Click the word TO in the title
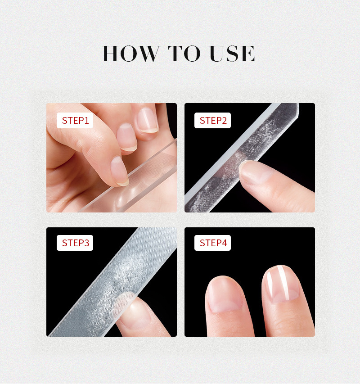tap(184, 54)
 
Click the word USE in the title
tap(232, 54)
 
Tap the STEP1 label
tap(75, 121)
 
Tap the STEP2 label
tap(213, 121)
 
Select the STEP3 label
tap(75, 243)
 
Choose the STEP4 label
tap(213, 243)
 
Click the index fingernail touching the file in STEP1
tap(119, 171)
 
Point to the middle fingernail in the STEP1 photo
tap(126, 137)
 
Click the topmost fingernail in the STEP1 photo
tap(147, 121)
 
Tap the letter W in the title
tap(149, 54)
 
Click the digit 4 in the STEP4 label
tap(224, 243)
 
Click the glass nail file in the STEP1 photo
tap(137, 179)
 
